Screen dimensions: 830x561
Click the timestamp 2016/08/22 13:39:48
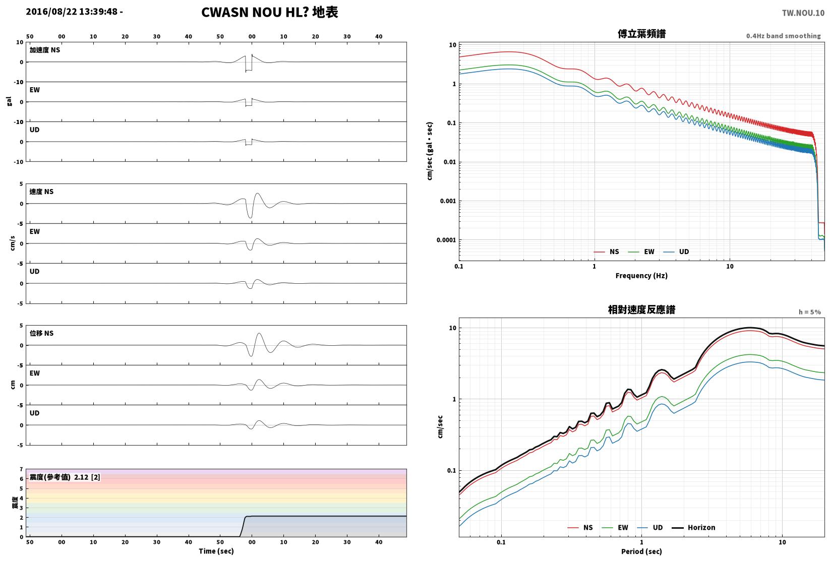tap(72, 12)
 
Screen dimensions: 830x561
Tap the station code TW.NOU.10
tap(803, 13)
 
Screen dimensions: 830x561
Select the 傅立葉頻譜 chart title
tap(641, 34)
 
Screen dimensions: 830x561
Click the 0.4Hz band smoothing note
tap(783, 36)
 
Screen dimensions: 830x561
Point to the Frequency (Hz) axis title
tap(641, 276)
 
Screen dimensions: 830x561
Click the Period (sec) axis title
tap(641, 551)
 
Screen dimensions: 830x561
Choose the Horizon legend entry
tap(694, 527)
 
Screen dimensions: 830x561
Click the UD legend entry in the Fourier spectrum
tap(676, 252)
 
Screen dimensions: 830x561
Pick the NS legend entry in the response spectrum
tap(580, 527)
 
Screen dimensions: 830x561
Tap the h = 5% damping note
tap(810, 312)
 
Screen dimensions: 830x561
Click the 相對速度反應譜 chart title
tap(641, 309)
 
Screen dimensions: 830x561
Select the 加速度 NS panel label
tap(45, 50)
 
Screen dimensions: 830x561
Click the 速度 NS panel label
tap(41, 192)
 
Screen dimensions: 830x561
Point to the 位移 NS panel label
tap(41, 333)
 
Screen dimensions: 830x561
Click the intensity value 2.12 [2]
tap(87, 477)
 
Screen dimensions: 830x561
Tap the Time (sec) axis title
tap(216, 551)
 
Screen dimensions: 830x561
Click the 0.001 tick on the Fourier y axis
tap(448, 201)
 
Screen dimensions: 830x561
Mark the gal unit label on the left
tap(9, 101)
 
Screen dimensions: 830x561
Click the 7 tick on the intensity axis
tap(22, 469)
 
